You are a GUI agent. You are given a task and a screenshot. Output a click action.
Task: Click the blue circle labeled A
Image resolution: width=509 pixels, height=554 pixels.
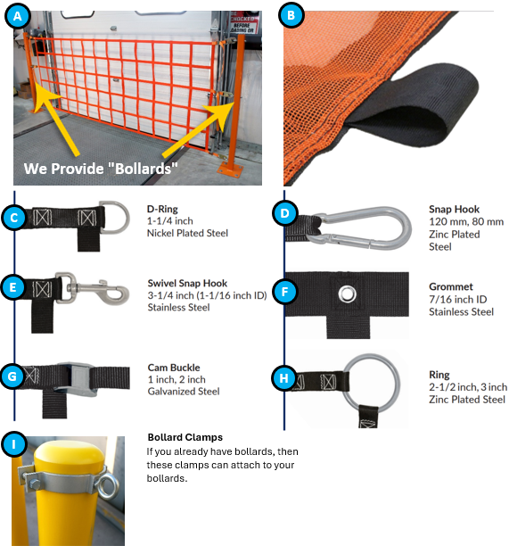(17, 16)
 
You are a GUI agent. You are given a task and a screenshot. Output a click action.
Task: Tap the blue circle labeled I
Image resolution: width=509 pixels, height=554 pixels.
(13, 443)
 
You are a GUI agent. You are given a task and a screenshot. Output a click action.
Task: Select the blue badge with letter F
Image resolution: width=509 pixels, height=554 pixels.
(285, 292)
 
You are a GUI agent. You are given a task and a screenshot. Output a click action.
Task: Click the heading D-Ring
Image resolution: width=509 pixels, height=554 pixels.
(162, 209)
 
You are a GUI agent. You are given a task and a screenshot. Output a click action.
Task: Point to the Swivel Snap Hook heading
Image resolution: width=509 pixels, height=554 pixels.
(187, 283)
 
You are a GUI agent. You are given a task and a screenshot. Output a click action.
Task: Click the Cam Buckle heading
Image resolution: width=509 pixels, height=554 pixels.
(174, 368)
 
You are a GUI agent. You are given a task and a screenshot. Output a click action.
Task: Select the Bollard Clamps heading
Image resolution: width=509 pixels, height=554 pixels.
(185, 437)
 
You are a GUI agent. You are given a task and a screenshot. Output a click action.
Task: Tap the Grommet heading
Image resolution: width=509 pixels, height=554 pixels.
(451, 286)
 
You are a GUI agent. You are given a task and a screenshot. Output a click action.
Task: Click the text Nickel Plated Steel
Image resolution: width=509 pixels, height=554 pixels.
(187, 233)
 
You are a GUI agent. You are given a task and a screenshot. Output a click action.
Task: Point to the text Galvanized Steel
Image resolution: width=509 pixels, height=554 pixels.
(184, 391)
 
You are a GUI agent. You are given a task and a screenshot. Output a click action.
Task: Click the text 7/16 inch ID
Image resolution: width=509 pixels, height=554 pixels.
(458, 299)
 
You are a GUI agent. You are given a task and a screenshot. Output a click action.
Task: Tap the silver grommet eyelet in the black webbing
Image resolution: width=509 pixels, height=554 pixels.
(347, 294)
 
